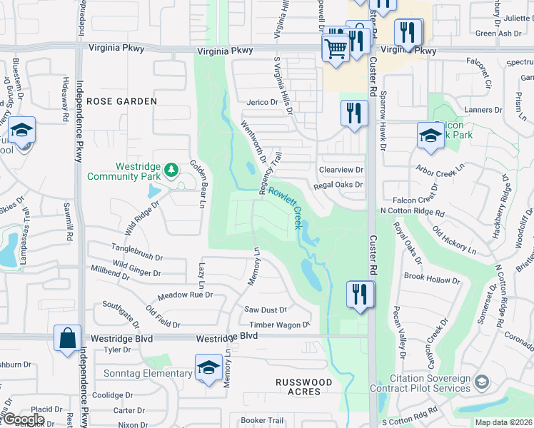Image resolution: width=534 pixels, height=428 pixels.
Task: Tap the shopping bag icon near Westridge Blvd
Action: click(x=67, y=340)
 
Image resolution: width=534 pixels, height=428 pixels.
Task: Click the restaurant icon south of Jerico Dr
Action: click(x=354, y=114)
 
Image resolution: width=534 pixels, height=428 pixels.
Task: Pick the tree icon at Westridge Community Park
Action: click(x=171, y=170)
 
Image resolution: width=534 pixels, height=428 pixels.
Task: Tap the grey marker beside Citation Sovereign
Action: click(x=483, y=383)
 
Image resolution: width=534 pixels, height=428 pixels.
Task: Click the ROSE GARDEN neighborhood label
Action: click(x=121, y=101)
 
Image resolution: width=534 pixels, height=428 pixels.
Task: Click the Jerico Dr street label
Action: click(x=262, y=103)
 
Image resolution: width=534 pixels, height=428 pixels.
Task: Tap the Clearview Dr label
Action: click(x=341, y=170)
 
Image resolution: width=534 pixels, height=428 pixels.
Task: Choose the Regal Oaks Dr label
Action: click(x=338, y=185)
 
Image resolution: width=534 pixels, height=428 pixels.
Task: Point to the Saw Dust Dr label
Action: click(x=265, y=310)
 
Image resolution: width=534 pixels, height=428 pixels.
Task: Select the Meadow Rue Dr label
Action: click(x=185, y=295)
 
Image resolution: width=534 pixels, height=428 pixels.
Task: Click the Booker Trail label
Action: click(x=262, y=420)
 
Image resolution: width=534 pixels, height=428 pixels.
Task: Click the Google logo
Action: click(x=24, y=419)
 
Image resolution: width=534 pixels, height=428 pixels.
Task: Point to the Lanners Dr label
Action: click(x=483, y=110)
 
